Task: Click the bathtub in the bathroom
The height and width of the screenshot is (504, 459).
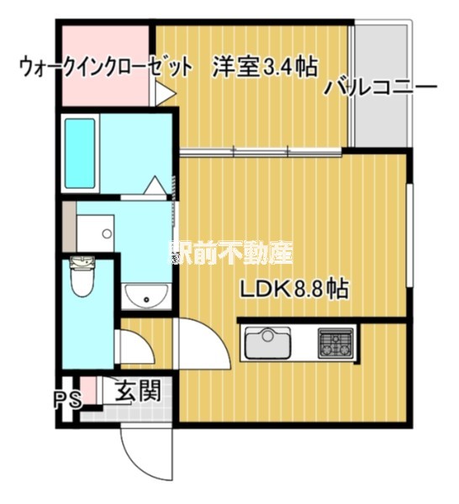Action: (x=80, y=154)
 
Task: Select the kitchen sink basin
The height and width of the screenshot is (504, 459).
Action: (x=267, y=343)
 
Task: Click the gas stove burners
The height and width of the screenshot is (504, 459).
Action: (x=335, y=343)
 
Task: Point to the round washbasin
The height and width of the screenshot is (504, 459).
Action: (x=146, y=297)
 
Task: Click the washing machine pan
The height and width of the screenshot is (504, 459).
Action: (x=96, y=233)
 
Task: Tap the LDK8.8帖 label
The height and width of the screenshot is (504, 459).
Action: (x=294, y=289)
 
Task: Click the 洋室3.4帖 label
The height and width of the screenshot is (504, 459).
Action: (x=265, y=66)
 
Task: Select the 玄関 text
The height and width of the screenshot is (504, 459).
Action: (x=138, y=391)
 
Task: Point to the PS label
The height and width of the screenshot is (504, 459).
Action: (x=67, y=400)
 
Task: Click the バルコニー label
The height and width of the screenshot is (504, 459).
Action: (x=380, y=87)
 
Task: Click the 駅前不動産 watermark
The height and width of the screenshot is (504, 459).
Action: (x=231, y=253)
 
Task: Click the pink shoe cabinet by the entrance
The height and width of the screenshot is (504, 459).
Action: (x=87, y=391)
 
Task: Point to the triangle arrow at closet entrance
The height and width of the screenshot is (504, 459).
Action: (x=166, y=93)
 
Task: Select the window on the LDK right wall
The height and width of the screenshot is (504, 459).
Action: (x=409, y=235)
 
